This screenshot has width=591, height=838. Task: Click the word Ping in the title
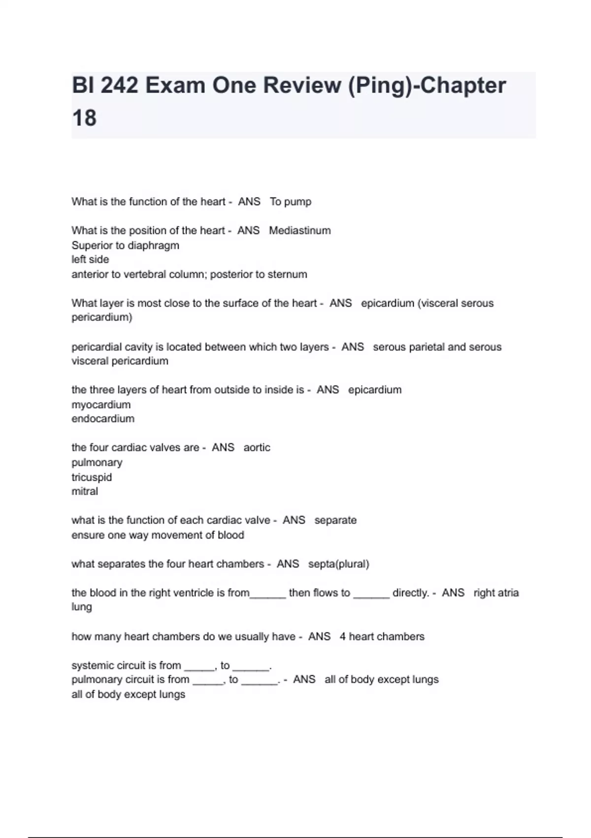379,86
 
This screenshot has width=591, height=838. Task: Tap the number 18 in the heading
84,118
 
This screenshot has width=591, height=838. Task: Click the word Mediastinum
299,230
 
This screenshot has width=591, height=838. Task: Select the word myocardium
101,405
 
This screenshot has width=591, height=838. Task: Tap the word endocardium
103,419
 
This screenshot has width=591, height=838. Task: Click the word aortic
257,448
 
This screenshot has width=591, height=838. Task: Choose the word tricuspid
92,477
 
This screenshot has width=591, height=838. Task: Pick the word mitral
85,491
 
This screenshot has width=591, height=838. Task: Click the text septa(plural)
338,564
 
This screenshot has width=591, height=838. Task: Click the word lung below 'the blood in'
82,607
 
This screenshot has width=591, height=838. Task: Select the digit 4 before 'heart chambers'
342,636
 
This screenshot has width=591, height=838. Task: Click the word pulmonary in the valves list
97,462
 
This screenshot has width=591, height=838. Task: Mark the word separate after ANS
335,520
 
